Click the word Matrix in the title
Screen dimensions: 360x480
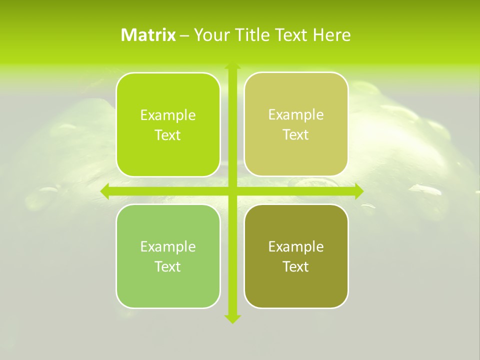pyautogui.click(x=148, y=35)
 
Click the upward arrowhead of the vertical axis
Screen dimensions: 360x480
pyautogui.click(x=232, y=65)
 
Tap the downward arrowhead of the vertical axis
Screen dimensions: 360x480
pyautogui.click(x=232, y=318)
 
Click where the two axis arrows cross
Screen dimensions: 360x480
pyautogui.click(x=232, y=191)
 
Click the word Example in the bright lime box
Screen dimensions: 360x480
pyautogui.click(x=168, y=115)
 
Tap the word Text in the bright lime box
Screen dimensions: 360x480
pyautogui.click(x=168, y=135)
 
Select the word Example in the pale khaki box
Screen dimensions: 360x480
pyautogui.click(x=296, y=115)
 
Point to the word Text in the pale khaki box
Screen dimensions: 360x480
pyautogui.click(x=296, y=135)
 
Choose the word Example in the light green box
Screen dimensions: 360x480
pyautogui.click(x=168, y=247)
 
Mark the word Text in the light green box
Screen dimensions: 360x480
pyautogui.click(x=168, y=267)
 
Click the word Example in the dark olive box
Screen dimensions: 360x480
pyautogui.click(x=296, y=247)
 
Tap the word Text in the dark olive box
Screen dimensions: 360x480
pyautogui.click(x=296, y=267)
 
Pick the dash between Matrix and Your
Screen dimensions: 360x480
pyautogui.click(x=184, y=35)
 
